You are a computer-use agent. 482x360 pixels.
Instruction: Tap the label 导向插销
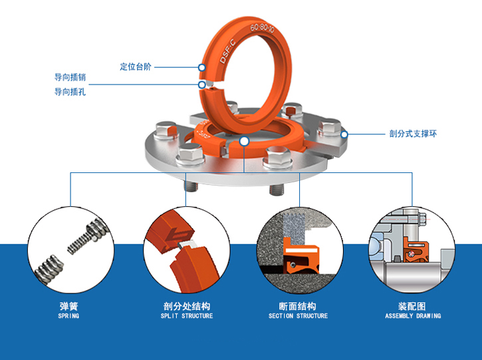[x=70, y=78]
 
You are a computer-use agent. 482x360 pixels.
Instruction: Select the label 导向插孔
[x=70, y=92]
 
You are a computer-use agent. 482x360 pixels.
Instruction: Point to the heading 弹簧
[x=68, y=306]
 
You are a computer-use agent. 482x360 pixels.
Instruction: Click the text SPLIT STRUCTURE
[x=187, y=316]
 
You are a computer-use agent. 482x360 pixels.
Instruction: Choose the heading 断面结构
[x=298, y=306]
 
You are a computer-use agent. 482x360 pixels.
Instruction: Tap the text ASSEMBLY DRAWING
[x=413, y=316]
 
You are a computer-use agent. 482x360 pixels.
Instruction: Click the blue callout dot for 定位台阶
[x=201, y=67]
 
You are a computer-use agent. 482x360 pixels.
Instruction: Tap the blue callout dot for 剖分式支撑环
[x=344, y=134]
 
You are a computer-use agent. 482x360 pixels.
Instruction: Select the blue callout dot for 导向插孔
[x=201, y=85]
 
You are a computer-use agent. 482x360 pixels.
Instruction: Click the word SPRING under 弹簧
[x=68, y=316]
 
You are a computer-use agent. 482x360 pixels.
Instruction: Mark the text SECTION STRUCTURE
[x=298, y=316]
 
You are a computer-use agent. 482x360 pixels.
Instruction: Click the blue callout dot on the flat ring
[x=245, y=141]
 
